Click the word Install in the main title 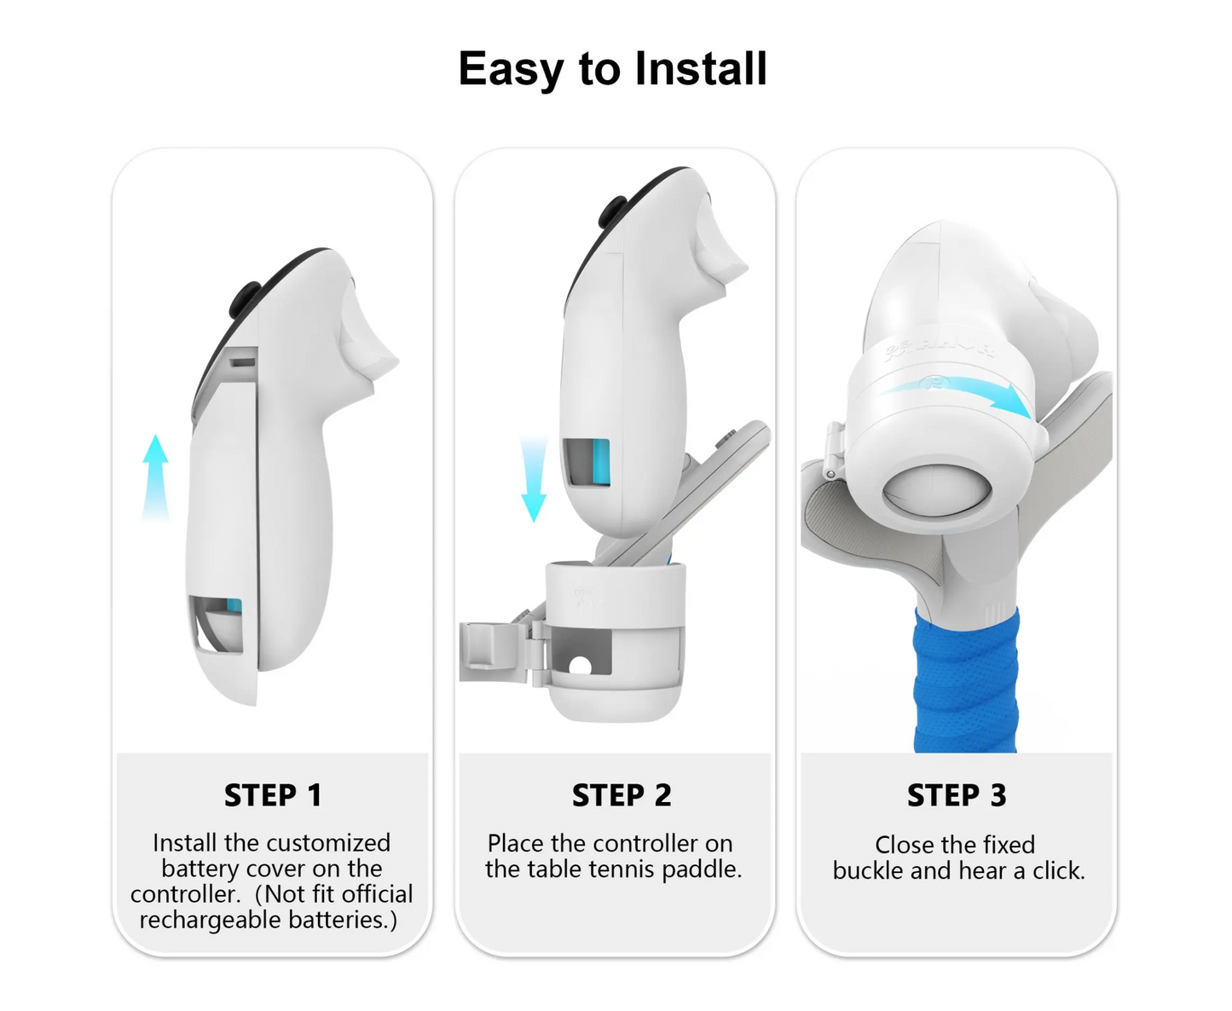click(x=700, y=69)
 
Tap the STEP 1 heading click(x=273, y=794)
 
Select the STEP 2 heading click(x=622, y=794)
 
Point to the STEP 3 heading click(x=957, y=794)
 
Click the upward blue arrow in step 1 click(x=155, y=477)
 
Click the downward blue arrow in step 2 click(x=534, y=477)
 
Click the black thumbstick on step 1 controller click(x=244, y=299)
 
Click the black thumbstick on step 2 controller click(x=612, y=212)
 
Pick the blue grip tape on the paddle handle click(x=966, y=680)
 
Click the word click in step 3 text click(x=1059, y=871)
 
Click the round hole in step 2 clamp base click(x=580, y=666)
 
